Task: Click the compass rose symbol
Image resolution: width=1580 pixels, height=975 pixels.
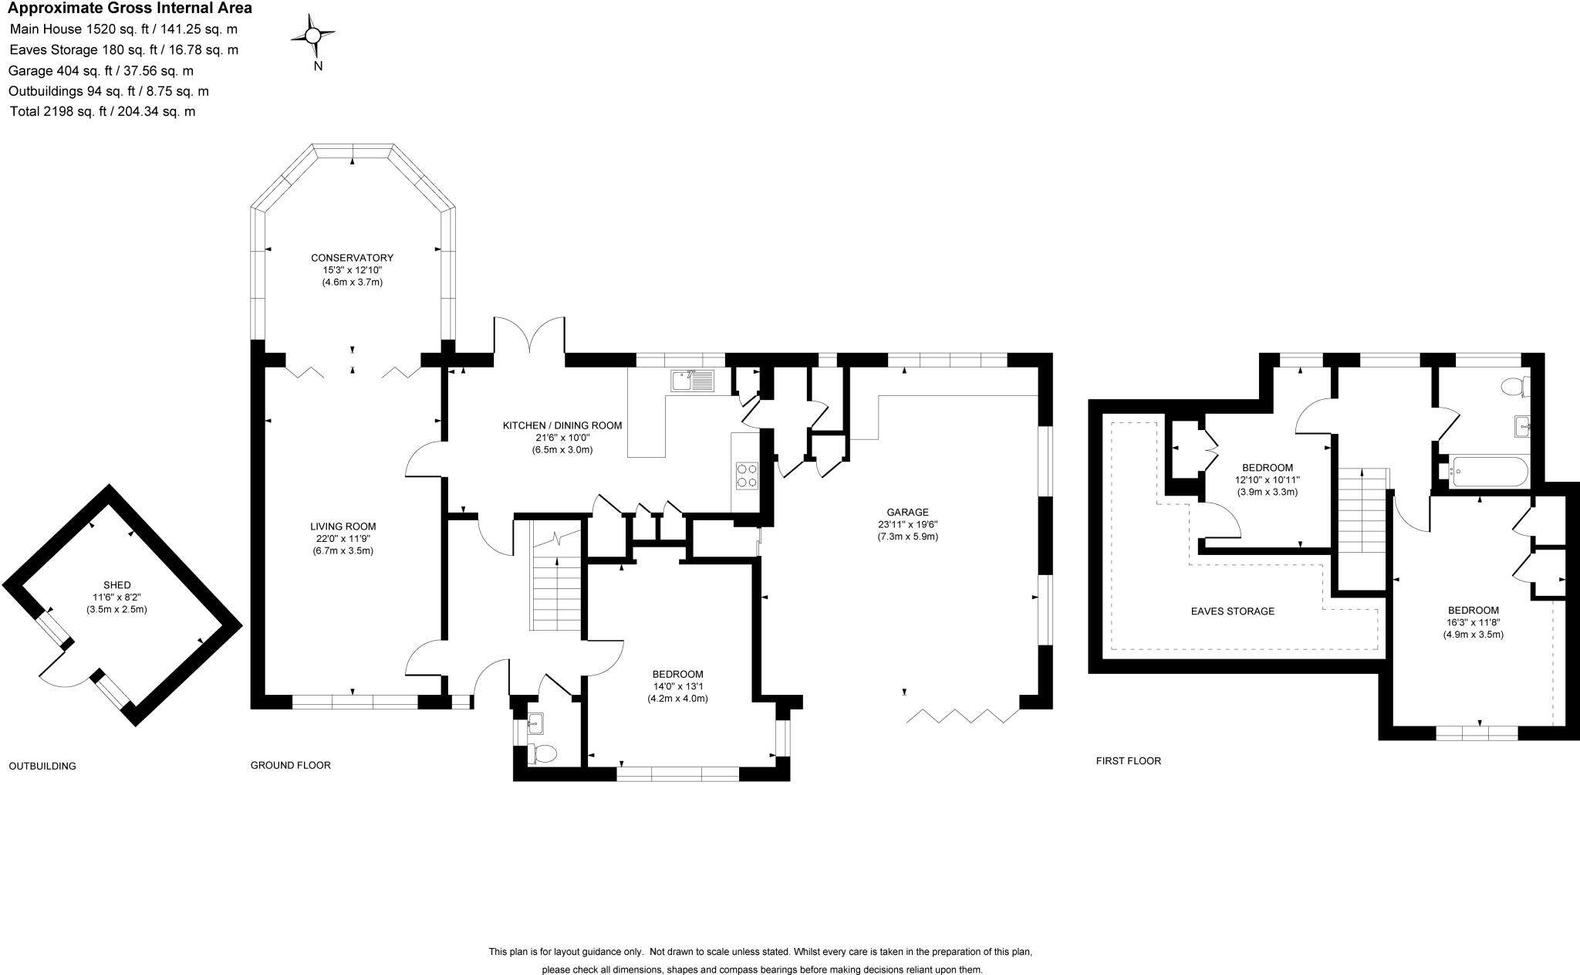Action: pyautogui.click(x=312, y=36)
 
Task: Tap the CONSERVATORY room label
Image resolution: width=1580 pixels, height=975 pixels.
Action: pyautogui.click(x=352, y=258)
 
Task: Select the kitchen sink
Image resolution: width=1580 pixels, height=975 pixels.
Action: pyautogui.click(x=693, y=381)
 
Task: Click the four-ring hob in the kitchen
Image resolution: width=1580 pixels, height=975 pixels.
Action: pyautogui.click(x=747, y=476)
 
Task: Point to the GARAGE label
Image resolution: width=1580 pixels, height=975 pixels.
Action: pyautogui.click(x=907, y=512)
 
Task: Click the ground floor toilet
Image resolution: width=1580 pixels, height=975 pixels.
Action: pyautogui.click(x=545, y=753)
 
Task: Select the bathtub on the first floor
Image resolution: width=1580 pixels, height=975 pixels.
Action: pyautogui.click(x=1488, y=471)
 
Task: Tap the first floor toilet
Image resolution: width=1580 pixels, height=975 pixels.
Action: pyautogui.click(x=1514, y=385)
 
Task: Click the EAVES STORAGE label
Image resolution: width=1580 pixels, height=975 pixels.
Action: pyautogui.click(x=1232, y=611)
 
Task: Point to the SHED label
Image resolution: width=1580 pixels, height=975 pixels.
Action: pyautogui.click(x=116, y=584)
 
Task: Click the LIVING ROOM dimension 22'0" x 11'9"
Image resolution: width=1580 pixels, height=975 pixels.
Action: pyautogui.click(x=343, y=539)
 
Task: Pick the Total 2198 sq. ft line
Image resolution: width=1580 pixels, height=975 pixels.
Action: pyautogui.click(x=103, y=111)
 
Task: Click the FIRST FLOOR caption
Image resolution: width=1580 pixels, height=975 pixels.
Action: pyautogui.click(x=1128, y=760)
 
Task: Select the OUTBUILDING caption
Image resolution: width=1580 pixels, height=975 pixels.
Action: pyautogui.click(x=42, y=766)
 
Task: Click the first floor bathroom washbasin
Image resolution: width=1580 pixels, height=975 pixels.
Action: pyautogui.click(x=1522, y=425)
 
